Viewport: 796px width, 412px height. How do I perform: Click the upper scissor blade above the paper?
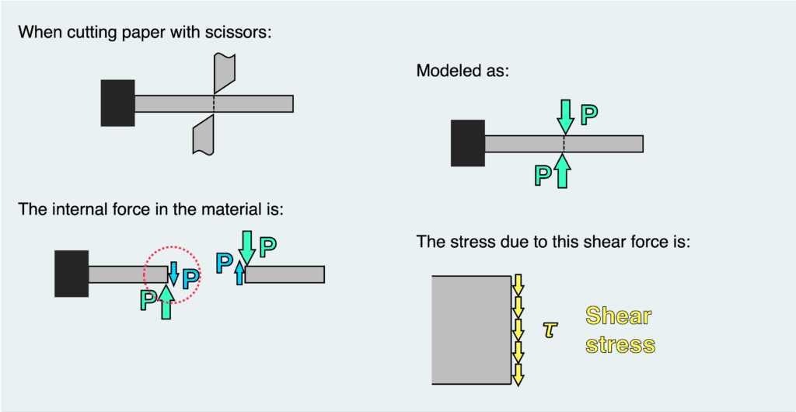222,73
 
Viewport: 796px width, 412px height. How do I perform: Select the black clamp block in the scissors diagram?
117,103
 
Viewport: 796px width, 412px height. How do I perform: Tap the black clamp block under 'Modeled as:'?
468,143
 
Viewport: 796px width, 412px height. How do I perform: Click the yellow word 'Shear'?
618,316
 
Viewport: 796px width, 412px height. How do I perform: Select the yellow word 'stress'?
620,344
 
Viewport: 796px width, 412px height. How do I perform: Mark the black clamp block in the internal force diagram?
72,274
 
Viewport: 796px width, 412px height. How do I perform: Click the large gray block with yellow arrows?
470,330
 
